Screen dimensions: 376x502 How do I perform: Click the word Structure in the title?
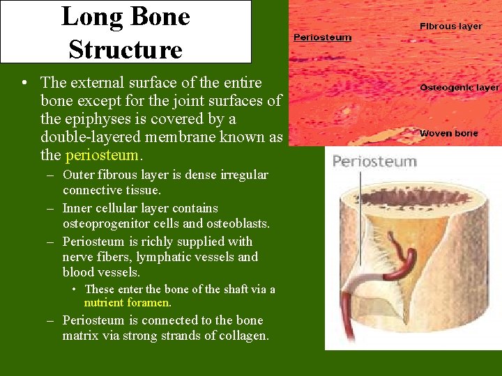tap(125, 49)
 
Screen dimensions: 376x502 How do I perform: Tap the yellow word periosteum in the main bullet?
tap(102, 155)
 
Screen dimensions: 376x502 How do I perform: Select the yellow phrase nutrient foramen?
tap(128, 303)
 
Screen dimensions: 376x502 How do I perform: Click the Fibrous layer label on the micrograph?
tap(450, 26)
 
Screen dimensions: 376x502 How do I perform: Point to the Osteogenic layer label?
tap(459, 88)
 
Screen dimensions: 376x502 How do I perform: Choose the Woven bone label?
tap(448, 133)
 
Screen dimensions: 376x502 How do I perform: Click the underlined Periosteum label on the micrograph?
tap(322, 38)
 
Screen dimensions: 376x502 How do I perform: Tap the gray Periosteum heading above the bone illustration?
tap(374, 162)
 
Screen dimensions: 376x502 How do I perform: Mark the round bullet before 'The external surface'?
tap(24, 84)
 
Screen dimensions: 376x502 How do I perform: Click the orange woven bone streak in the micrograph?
tap(380, 132)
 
